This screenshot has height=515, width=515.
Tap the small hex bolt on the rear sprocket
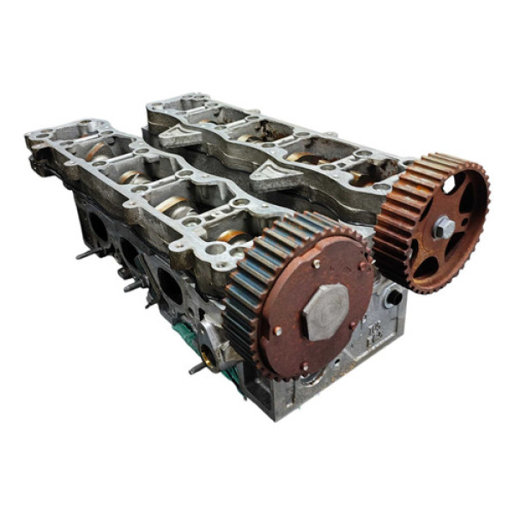point(443,227)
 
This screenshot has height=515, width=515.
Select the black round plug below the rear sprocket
point(393,299)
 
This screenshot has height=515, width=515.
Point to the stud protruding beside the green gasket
point(196,367)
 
